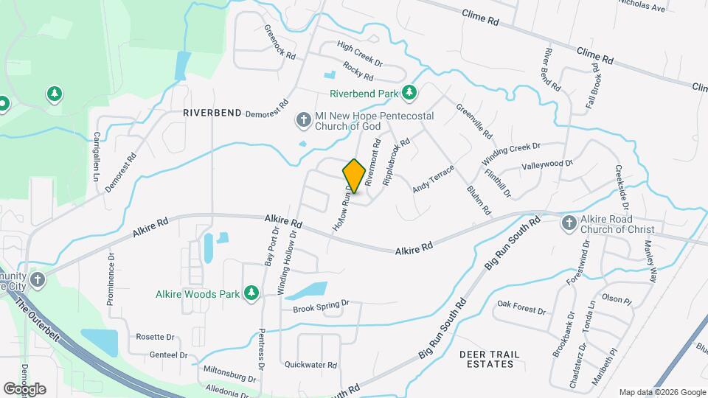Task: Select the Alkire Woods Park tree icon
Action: (251, 294)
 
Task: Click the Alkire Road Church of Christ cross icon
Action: (569, 223)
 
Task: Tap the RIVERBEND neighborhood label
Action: (212, 113)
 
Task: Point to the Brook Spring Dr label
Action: (320, 303)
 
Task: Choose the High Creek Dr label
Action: (360, 53)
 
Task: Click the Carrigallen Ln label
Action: (96, 156)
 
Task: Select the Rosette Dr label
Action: (155, 337)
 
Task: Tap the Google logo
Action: (24, 388)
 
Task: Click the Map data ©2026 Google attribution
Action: (662, 392)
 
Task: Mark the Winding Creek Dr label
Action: (511, 153)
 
